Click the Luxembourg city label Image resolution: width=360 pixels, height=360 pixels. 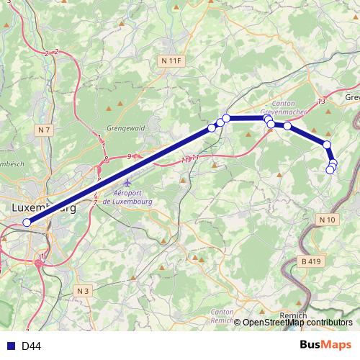tap(43, 207)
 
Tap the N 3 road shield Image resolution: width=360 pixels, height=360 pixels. tap(84, 290)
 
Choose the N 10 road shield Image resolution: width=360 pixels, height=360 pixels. tap(327, 219)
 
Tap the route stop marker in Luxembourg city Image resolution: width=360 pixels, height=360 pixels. tap(27, 222)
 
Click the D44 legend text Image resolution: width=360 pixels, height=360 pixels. tap(31, 346)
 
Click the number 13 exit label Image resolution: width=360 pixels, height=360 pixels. tap(321, 102)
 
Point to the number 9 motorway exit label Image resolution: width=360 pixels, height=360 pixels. tap(130, 156)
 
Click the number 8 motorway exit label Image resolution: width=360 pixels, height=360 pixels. tap(107, 158)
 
